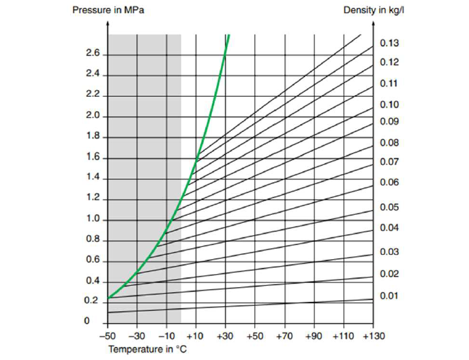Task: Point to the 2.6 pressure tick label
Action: [x=93, y=54]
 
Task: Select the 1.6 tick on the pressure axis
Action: [x=93, y=157]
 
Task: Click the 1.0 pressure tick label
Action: [x=93, y=220]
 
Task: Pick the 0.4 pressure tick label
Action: [x=93, y=282]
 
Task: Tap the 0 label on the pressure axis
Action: [x=86, y=321]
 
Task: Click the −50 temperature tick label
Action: [x=108, y=336]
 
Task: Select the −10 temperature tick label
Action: [x=167, y=336]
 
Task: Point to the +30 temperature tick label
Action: [x=225, y=336]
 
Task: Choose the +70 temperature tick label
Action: [x=284, y=336]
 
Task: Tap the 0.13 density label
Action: [x=389, y=43]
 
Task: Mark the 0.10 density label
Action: [x=389, y=105]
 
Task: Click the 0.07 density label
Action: [x=389, y=162]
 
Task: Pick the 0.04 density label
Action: [x=389, y=227]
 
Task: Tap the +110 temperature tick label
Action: [x=343, y=336]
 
